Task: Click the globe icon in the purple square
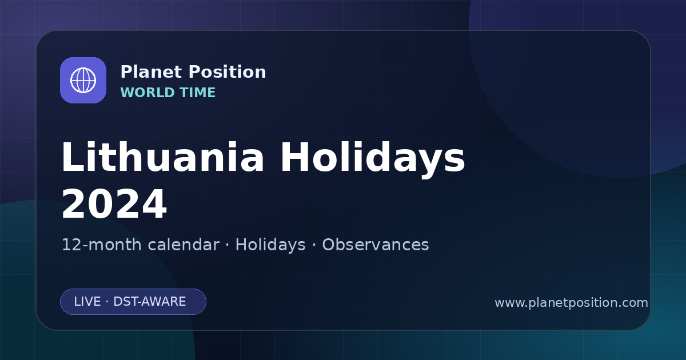(x=83, y=80)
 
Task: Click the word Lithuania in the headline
(x=163, y=157)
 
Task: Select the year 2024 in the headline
(x=114, y=203)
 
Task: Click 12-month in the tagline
(x=102, y=245)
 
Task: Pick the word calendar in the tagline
(x=184, y=245)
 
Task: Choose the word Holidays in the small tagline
(x=270, y=245)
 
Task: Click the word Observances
(x=375, y=245)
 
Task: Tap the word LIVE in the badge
(x=87, y=302)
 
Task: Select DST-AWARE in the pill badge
(x=149, y=302)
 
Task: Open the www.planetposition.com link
(x=571, y=303)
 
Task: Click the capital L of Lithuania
(x=72, y=157)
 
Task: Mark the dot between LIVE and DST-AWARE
(x=107, y=302)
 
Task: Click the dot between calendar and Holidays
(x=228, y=245)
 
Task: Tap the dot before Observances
(x=314, y=245)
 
